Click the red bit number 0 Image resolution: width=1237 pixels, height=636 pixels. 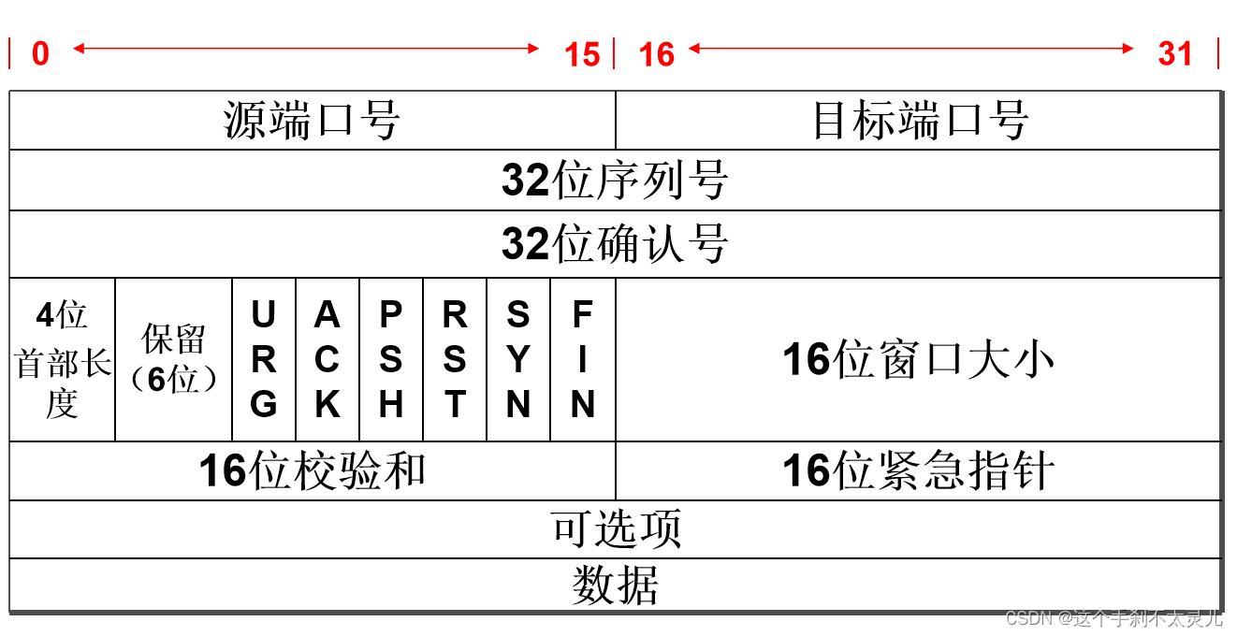tap(40, 54)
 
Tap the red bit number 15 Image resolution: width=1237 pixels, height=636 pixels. tap(582, 54)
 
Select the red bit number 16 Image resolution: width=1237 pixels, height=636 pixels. tap(656, 54)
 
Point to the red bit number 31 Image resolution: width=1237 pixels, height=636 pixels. tap(1175, 54)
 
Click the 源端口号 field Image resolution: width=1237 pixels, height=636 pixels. tap(313, 121)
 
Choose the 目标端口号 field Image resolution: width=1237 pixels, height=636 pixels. tap(919, 121)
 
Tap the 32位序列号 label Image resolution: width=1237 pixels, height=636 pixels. tap(615, 180)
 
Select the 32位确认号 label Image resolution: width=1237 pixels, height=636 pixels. tap(615, 244)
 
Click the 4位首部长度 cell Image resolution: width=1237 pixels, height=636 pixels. tap(63, 360)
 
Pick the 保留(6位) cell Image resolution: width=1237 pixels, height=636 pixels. tap(174, 360)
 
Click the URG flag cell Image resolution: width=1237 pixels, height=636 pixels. tap(264, 360)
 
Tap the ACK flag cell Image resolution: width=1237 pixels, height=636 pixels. tap(327, 360)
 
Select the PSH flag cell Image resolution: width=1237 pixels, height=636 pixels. tap(391, 360)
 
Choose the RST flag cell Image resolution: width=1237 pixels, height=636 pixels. tap(455, 360)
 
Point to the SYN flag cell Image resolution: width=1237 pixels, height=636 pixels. tap(518, 360)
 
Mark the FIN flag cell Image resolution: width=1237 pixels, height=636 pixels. tap(582, 360)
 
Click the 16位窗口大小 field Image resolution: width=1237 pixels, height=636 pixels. tap(919, 360)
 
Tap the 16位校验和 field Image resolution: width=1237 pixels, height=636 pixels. tap(313, 470)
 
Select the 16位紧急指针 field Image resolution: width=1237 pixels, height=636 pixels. tap(919, 470)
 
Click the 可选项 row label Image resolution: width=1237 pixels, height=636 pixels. tap(615, 529)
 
